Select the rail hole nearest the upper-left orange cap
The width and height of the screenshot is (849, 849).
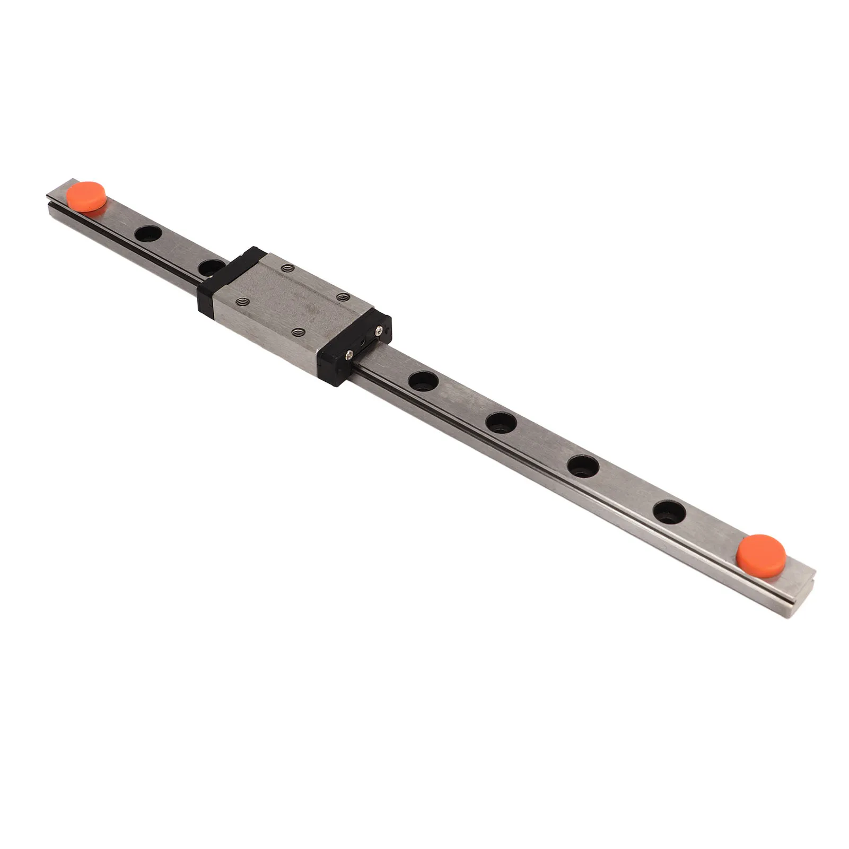[x=149, y=234]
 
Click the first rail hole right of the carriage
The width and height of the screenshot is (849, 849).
[x=424, y=380]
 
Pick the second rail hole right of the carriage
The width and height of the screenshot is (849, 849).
[x=501, y=422]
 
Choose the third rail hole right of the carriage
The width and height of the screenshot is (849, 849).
[x=583, y=466]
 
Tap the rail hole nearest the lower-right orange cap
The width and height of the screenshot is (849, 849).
[x=669, y=512]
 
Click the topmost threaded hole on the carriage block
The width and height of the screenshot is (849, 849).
[x=287, y=268]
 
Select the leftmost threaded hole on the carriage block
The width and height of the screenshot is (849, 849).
[x=243, y=301]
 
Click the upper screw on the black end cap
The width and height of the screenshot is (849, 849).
[x=379, y=330]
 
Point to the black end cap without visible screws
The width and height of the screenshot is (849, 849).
[x=225, y=281]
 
